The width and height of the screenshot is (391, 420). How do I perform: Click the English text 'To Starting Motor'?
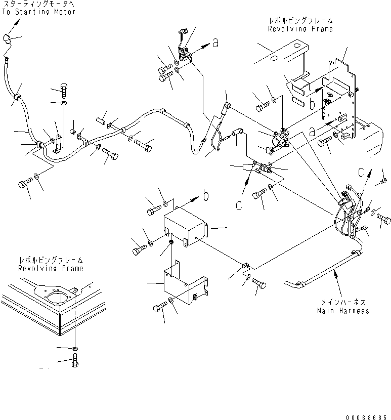pyautogui.click(x=38, y=12)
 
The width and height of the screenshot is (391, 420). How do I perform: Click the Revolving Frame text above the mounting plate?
pyautogui.click(x=300, y=29)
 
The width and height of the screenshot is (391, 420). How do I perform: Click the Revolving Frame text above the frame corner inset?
pyautogui.click(x=51, y=268)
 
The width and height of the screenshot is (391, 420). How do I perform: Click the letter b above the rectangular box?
pyautogui.click(x=206, y=194)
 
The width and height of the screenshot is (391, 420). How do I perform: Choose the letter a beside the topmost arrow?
pyautogui.click(x=215, y=44)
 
